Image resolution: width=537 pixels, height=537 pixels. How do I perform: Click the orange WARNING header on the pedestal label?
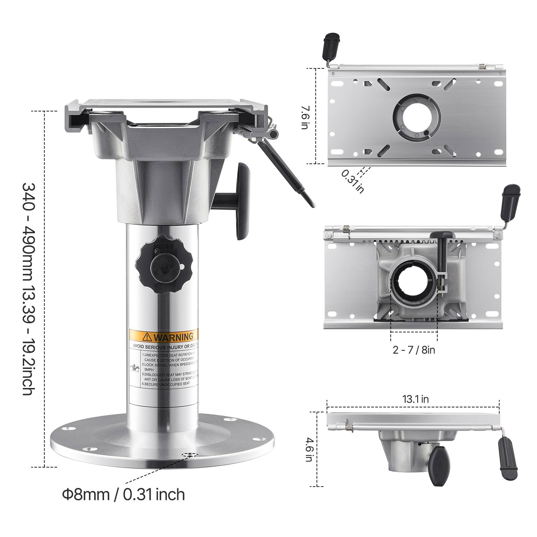click(163, 336)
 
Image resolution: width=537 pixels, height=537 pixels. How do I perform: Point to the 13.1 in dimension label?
click(416, 399)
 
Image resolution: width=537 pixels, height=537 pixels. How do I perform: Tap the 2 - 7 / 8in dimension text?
click(414, 350)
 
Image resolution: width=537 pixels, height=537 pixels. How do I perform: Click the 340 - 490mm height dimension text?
click(27, 289)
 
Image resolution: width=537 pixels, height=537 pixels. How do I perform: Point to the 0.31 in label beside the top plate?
click(353, 182)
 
